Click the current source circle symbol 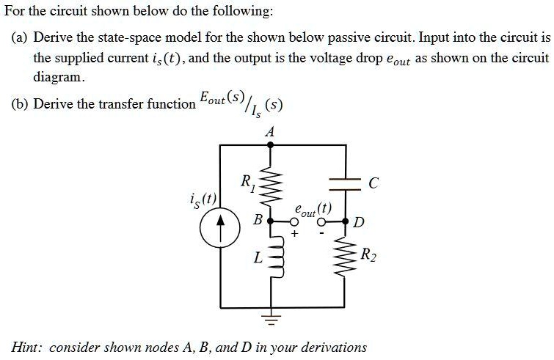220,229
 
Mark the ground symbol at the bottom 271,318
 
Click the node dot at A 271,145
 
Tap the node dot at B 270,219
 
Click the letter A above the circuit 270,132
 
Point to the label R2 369,255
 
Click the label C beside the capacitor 373,185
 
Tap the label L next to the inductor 256,257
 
